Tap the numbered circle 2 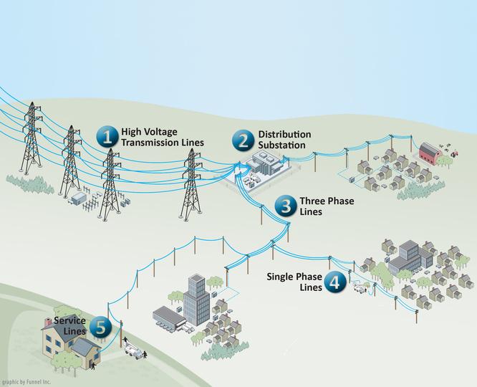coord(244,140)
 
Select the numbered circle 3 coord(285,207)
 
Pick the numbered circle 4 coord(334,282)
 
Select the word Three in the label coord(312,201)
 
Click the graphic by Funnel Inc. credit coord(26,382)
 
